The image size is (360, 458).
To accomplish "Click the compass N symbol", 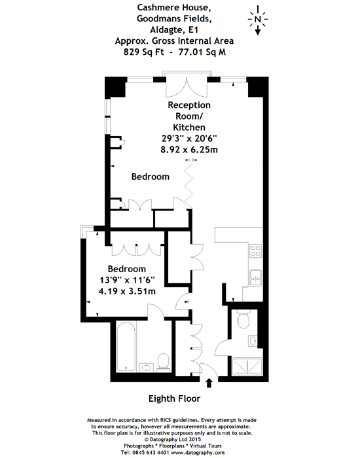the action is [257, 20].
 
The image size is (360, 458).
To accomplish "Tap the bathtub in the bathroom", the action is [126, 346].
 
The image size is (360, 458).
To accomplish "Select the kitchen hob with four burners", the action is [255, 251].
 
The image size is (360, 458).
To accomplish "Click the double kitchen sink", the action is [255, 278].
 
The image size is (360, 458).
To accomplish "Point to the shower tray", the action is [247, 366].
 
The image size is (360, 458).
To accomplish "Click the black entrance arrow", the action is [209, 383].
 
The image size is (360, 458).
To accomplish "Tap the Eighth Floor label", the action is [175, 398].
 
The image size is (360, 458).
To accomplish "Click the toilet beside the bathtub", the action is [163, 362].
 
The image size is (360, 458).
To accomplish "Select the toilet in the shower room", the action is [243, 319].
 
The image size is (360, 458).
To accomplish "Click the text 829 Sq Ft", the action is [144, 52].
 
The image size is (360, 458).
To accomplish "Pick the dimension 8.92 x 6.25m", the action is [189, 150].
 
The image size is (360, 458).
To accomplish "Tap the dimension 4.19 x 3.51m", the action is [127, 291].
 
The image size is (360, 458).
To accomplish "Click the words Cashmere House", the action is [174, 7].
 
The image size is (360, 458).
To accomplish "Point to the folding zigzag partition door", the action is [189, 185].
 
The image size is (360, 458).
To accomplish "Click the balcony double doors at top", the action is [187, 87].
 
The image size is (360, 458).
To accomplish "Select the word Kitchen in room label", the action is [189, 128].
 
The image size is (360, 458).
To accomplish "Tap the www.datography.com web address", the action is [198, 453].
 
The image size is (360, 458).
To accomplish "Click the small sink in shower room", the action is [253, 341].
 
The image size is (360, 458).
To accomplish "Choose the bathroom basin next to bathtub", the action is [147, 368].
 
